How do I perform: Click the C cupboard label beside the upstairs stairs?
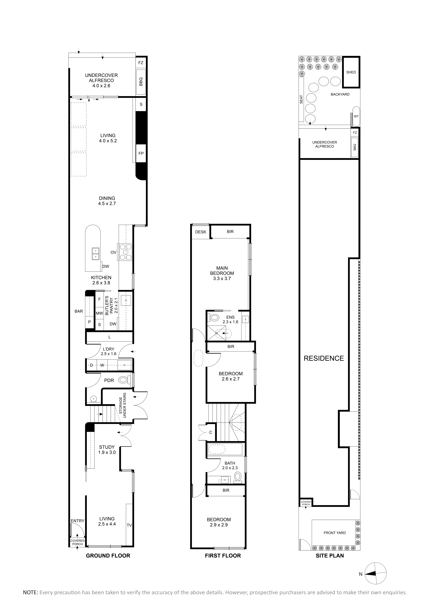(211, 432)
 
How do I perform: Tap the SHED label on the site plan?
(351, 72)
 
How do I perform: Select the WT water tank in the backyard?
(356, 117)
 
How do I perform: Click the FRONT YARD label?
(335, 533)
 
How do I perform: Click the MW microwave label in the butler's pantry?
(99, 313)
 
